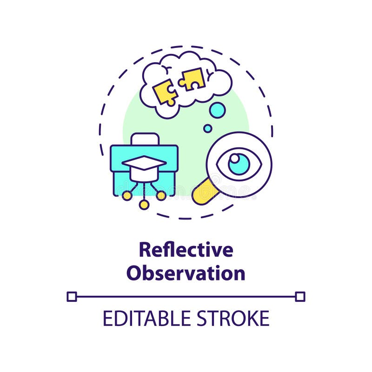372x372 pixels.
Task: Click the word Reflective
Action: pyautogui.click(x=186, y=250)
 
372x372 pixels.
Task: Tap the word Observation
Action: pyautogui.click(x=186, y=273)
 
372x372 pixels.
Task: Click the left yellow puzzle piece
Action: pyautogui.click(x=163, y=91)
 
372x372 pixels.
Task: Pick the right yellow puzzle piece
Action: pyautogui.click(x=192, y=79)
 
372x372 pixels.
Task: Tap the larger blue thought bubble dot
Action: pyautogui.click(x=217, y=110)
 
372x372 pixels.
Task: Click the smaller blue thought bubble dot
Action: pyautogui.click(x=207, y=128)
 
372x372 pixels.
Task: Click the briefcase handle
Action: pyautogui.click(x=144, y=139)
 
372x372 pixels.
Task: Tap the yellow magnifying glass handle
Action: pyautogui.click(x=203, y=191)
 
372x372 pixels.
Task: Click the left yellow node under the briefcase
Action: pyautogui.click(x=126, y=196)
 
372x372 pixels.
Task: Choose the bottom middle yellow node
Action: pyautogui.click(x=144, y=205)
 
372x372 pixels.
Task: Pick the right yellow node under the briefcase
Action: pyautogui.click(x=161, y=196)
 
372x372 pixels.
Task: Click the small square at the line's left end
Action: pyautogui.click(x=72, y=296)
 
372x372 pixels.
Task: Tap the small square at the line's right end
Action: pyautogui.click(x=300, y=296)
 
